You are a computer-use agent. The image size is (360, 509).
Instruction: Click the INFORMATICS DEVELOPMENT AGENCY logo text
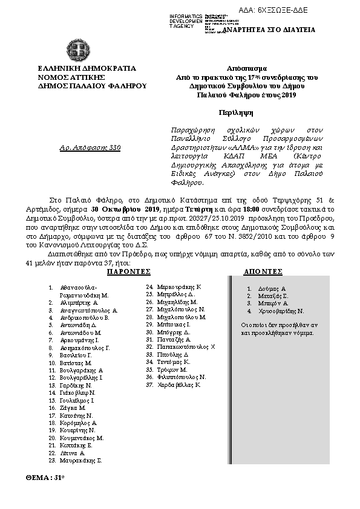pyautogui.click(x=182, y=20)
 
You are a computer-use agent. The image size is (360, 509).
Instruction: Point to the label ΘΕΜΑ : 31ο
pyautogui.click(x=45, y=478)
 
